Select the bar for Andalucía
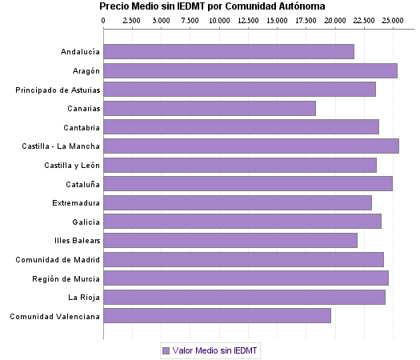229,52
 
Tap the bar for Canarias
210,109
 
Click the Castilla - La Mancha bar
251,146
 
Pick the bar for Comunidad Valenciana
217,316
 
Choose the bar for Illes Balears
230,241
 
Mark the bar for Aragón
250,71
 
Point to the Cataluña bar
248,184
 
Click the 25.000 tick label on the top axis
393,20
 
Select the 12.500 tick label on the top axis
248,20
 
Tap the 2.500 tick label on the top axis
133,20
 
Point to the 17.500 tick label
306,20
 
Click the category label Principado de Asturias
58,90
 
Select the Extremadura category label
76,203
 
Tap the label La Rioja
84,298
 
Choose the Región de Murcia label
66,278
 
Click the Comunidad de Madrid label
58,259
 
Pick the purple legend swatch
166,350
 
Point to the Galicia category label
86,222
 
